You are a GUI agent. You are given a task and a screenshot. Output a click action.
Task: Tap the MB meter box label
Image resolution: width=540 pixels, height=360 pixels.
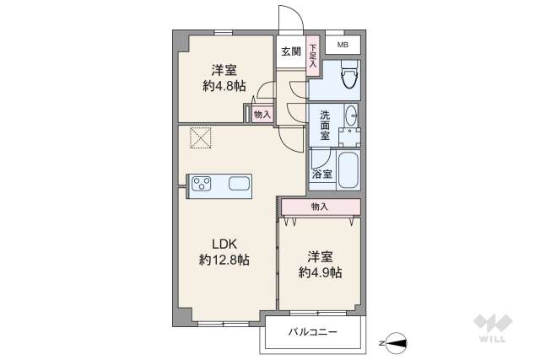pos(343,45)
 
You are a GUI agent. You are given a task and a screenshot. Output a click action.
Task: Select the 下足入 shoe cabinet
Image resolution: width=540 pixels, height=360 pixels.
pos(312,56)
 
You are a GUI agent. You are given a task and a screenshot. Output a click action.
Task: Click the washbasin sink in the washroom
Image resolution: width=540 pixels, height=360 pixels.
pos(352,118)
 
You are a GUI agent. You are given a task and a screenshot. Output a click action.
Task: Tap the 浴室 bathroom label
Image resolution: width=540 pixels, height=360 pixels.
pos(321,175)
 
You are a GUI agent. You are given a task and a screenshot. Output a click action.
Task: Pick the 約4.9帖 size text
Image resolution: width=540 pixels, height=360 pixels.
pos(320,271)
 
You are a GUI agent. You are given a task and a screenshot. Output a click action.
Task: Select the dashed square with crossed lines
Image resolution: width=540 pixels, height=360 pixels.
pos(201,137)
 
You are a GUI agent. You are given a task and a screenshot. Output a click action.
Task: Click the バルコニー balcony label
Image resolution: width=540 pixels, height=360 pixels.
pos(312,332)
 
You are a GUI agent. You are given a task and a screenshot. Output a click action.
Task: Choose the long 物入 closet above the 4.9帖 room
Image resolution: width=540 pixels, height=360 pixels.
pos(320,207)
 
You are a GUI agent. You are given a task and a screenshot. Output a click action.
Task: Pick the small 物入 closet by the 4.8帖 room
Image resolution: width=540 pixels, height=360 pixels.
pos(262,114)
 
